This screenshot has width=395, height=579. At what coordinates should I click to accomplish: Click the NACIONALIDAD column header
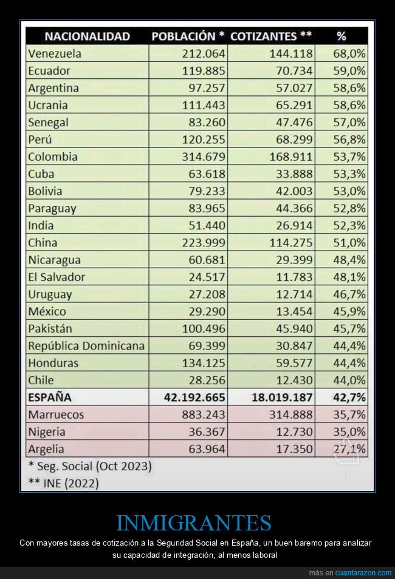click(x=87, y=36)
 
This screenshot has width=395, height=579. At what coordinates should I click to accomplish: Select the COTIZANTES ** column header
click(x=271, y=36)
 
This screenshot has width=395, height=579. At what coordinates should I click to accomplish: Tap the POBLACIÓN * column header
click(x=188, y=36)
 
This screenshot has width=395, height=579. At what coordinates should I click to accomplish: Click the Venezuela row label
click(x=55, y=53)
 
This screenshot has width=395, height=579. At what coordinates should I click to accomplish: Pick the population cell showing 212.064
click(x=204, y=53)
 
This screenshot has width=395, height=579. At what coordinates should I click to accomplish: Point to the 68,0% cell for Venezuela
click(x=349, y=53)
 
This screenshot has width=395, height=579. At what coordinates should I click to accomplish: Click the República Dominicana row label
click(x=86, y=346)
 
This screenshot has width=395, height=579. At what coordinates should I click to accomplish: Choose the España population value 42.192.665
click(x=194, y=398)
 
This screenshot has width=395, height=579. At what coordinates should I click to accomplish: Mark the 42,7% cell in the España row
click(x=349, y=398)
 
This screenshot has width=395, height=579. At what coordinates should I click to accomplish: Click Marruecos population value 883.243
click(x=204, y=415)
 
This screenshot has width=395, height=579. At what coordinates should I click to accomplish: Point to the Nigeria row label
click(x=47, y=432)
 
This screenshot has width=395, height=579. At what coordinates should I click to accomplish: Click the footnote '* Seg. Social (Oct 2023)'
click(x=90, y=467)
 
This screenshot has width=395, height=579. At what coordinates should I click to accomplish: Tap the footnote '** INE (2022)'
click(x=63, y=483)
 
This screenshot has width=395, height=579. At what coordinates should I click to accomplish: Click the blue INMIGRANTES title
click(x=193, y=523)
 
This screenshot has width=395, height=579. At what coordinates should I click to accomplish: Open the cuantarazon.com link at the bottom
click(x=363, y=573)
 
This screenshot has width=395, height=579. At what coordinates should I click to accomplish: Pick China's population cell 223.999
click(x=204, y=243)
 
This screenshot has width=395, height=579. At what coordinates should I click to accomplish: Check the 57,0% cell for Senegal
click(x=349, y=122)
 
